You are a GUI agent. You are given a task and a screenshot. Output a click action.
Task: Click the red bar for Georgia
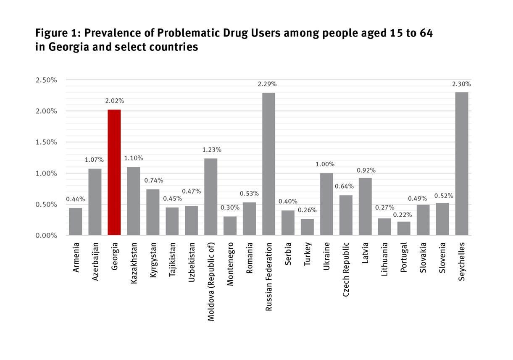tap(114, 172)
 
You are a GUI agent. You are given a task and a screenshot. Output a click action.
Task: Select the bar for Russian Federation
tap(268, 164)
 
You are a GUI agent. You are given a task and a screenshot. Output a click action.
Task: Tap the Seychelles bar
tap(461, 164)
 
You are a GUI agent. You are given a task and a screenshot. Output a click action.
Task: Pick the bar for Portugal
tap(404, 228)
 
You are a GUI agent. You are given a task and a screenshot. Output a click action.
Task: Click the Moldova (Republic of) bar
tap(210, 197)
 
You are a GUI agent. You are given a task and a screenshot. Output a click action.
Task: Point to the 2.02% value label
tap(114, 101)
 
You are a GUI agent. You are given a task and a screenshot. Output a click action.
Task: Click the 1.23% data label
tap(212, 150)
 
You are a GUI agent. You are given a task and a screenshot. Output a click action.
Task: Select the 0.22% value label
tap(403, 215)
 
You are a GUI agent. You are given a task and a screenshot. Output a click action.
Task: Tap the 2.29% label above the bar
tap(267, 84)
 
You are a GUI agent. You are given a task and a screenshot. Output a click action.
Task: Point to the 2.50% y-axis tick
tap(46, 80)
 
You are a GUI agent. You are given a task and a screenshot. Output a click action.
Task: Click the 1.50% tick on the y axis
tap(46, 142)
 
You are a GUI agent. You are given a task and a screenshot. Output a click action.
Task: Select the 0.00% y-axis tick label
tap(46, 235)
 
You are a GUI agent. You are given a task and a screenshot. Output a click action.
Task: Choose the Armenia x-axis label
tap(76, 258)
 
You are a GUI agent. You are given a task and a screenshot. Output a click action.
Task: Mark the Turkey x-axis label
tap(308, 254)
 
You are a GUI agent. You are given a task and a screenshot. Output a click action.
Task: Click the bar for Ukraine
tap(326, 204)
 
